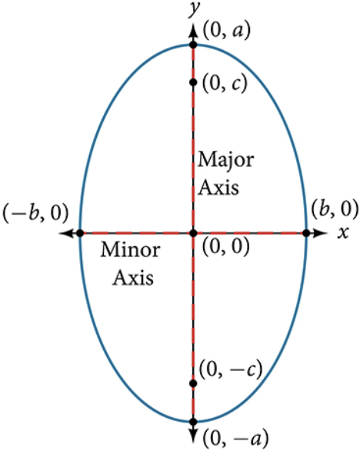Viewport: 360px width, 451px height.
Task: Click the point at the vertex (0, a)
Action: [x=193, y=45]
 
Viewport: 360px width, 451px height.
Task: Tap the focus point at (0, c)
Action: [x=193, y=82]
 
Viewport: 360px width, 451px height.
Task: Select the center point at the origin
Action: [x=194, y=233]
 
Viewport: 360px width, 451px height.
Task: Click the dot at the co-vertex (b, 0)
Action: [x=306, y=233]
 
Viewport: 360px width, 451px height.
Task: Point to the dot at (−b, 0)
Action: [x=81, y=233]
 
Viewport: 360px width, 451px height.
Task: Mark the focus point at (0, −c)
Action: [x=193, y=383]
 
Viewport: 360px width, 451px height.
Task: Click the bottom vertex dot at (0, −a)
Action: [x=193, y=422]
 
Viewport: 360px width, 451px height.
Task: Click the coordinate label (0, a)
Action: [x=227, y=31]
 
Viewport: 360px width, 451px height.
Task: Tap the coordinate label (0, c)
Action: [x=225, y=84]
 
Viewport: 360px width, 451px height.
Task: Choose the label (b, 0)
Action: [x=335, y=209]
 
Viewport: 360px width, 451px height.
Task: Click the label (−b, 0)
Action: [x=35, y=213]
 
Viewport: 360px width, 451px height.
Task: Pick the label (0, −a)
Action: [x=236, y=439]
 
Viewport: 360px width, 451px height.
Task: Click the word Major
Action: [x=226, y=160]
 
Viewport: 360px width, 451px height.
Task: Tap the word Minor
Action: [x=130, y=250]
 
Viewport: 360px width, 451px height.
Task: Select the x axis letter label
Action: [x=343, y=232]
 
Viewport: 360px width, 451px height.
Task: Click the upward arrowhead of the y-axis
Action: [x=193, y=31]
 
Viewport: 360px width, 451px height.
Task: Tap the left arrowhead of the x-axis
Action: [x=67, y=233]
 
